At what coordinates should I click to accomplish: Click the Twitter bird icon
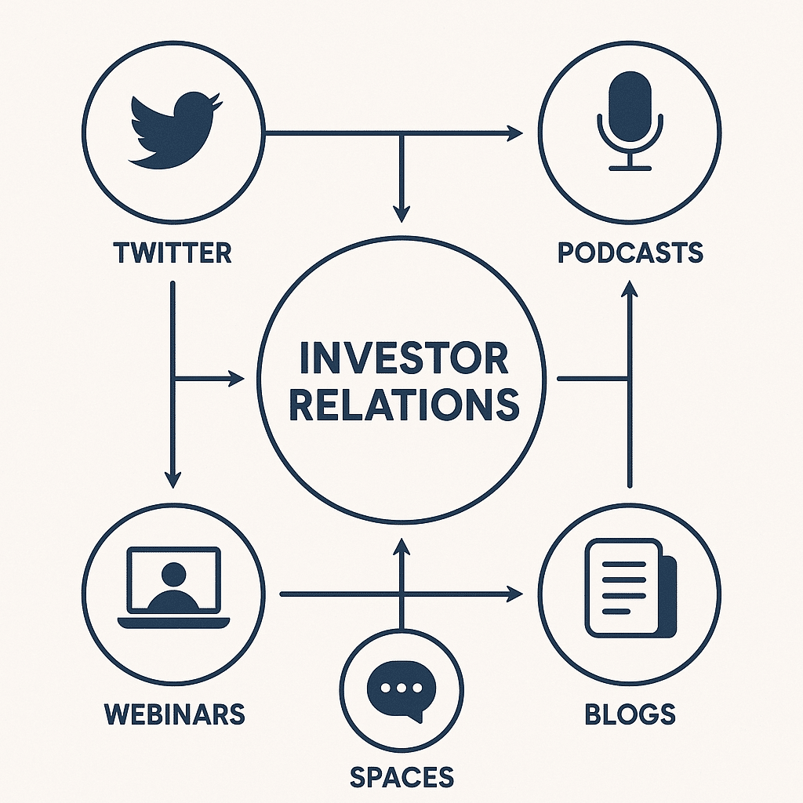(x=175, y=130)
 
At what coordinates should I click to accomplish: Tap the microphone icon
(x=630, y=121)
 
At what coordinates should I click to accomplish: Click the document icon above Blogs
(x=630, y=588)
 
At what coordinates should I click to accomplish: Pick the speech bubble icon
(x=402, y=691)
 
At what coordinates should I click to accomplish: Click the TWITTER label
(x=173, y=253)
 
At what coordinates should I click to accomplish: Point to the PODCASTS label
(x=630, y=253)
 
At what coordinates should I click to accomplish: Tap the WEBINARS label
(x=175, y=714)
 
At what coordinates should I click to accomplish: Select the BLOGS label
(x=630, y=714)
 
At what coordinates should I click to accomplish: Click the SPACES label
(x=402, y=776)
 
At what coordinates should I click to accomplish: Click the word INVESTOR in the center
(x=404, y=358)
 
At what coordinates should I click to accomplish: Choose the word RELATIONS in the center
(x=405, y=405)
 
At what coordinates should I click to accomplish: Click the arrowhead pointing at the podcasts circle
(x=514, y=133)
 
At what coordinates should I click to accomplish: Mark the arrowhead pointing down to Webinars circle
(x=173, y=481)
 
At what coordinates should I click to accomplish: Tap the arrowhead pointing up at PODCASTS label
(x=630, y=289)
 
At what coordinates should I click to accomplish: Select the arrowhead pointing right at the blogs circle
(x=514, y=594)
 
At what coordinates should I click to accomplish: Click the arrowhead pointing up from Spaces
(x=401, y=547)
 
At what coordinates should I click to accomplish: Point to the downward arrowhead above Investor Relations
(x=401, y=214)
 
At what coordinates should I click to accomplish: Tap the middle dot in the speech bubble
(x=402, y=687)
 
